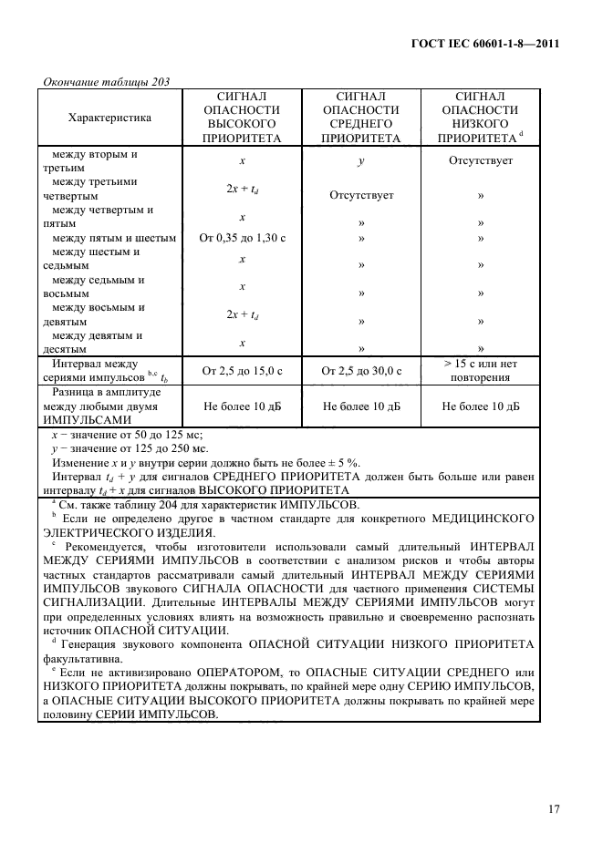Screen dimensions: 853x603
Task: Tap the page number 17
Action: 553,808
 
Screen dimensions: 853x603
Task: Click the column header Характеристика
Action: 109,117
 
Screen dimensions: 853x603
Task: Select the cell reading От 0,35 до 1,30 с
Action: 242,238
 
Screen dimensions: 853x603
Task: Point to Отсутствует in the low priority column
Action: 480,160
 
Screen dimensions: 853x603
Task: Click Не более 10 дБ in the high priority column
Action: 242,406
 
